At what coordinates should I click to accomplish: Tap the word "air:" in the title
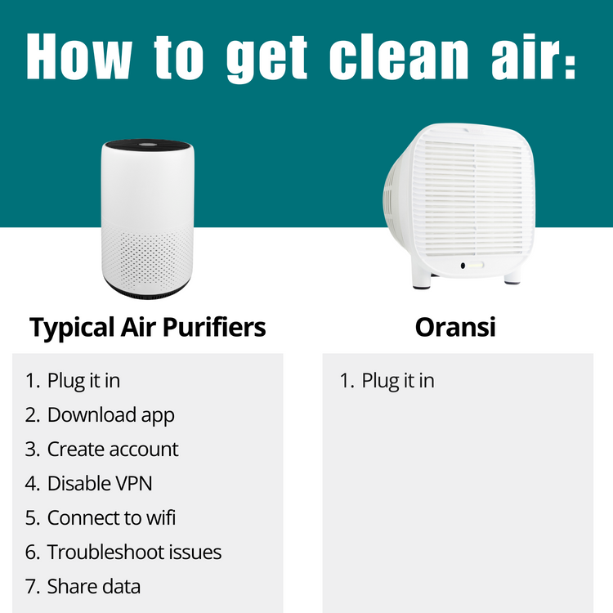pos(535,58)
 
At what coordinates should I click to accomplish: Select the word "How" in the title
pos(78,58)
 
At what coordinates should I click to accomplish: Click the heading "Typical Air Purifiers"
pos(148,328)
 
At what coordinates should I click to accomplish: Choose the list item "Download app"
pos(110,415)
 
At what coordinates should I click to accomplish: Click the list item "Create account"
pos(113,450)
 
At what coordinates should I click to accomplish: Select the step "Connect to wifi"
pos(111,517)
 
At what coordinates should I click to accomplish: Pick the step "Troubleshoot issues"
pos(134,552)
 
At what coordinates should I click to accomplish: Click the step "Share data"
pos(93,586)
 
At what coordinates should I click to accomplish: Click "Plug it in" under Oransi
pos(398,381)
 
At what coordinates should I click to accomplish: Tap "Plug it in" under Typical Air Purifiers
pos(83,381)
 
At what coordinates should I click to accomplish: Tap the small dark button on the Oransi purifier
pos(463,266)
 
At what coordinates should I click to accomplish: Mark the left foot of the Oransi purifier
pos(423,284)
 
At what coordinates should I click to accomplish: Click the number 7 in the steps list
pos(30,586)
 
